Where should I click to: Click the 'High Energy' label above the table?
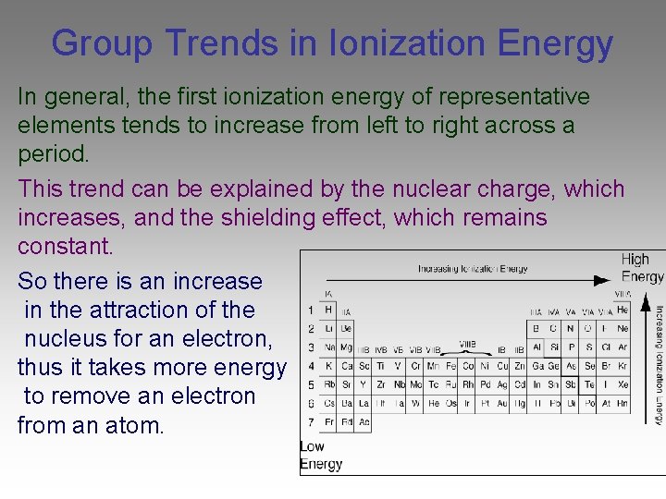[x=641, y=268]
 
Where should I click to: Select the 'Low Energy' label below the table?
[x=320, y=456]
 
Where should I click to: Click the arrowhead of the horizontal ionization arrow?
[x=603, y=280]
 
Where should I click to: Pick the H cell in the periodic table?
[x=327, y=310]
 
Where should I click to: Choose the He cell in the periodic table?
[x=622, y=310]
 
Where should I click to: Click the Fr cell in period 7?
[x=327, y=422]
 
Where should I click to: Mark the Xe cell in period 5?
[x=622, y=384]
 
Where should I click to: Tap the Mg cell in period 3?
[x=345, y=347]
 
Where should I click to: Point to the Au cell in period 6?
[x=503, y=404]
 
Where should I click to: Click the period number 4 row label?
[x=310, y=366]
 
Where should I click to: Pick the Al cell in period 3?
[x=536, y=347]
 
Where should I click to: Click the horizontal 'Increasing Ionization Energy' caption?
[x=472, y=269]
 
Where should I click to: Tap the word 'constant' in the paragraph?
[x=64, y=247]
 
